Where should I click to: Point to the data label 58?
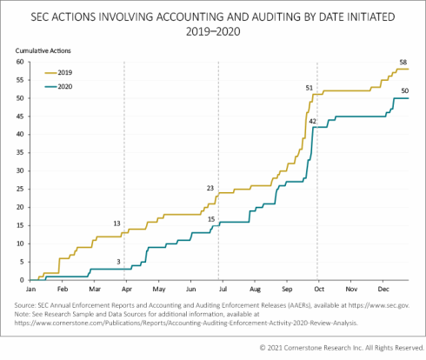click(x=403, y=62)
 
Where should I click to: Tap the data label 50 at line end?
click(x=404, y=90)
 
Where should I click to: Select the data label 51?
click(x=310, y=88)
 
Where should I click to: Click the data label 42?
click(x=312, y=120)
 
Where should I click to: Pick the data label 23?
click(x=210, y=188)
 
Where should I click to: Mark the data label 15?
click(x=210, y=218)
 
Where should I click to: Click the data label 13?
click(x=116, y=223)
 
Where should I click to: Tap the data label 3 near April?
click(x=118, y=261)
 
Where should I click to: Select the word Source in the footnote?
click(x=29, y=305)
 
